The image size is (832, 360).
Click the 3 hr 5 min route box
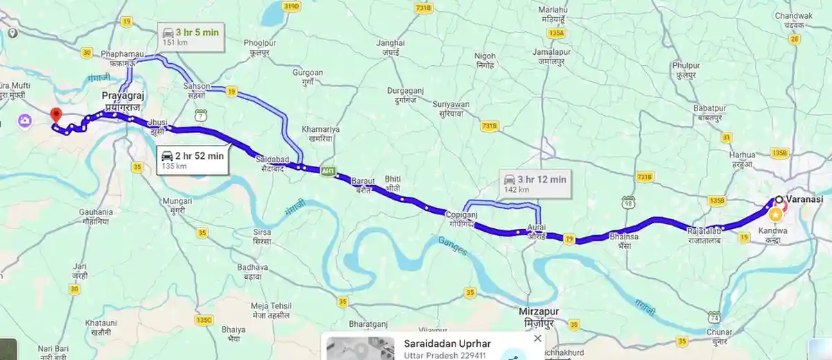[191, 36]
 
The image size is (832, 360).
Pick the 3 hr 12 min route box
[536, 184]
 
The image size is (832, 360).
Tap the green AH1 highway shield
[328, 171]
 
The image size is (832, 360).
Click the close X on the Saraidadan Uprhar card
[537, 338]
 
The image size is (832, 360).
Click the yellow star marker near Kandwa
[776, 216]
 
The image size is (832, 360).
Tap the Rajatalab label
[705, 230]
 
